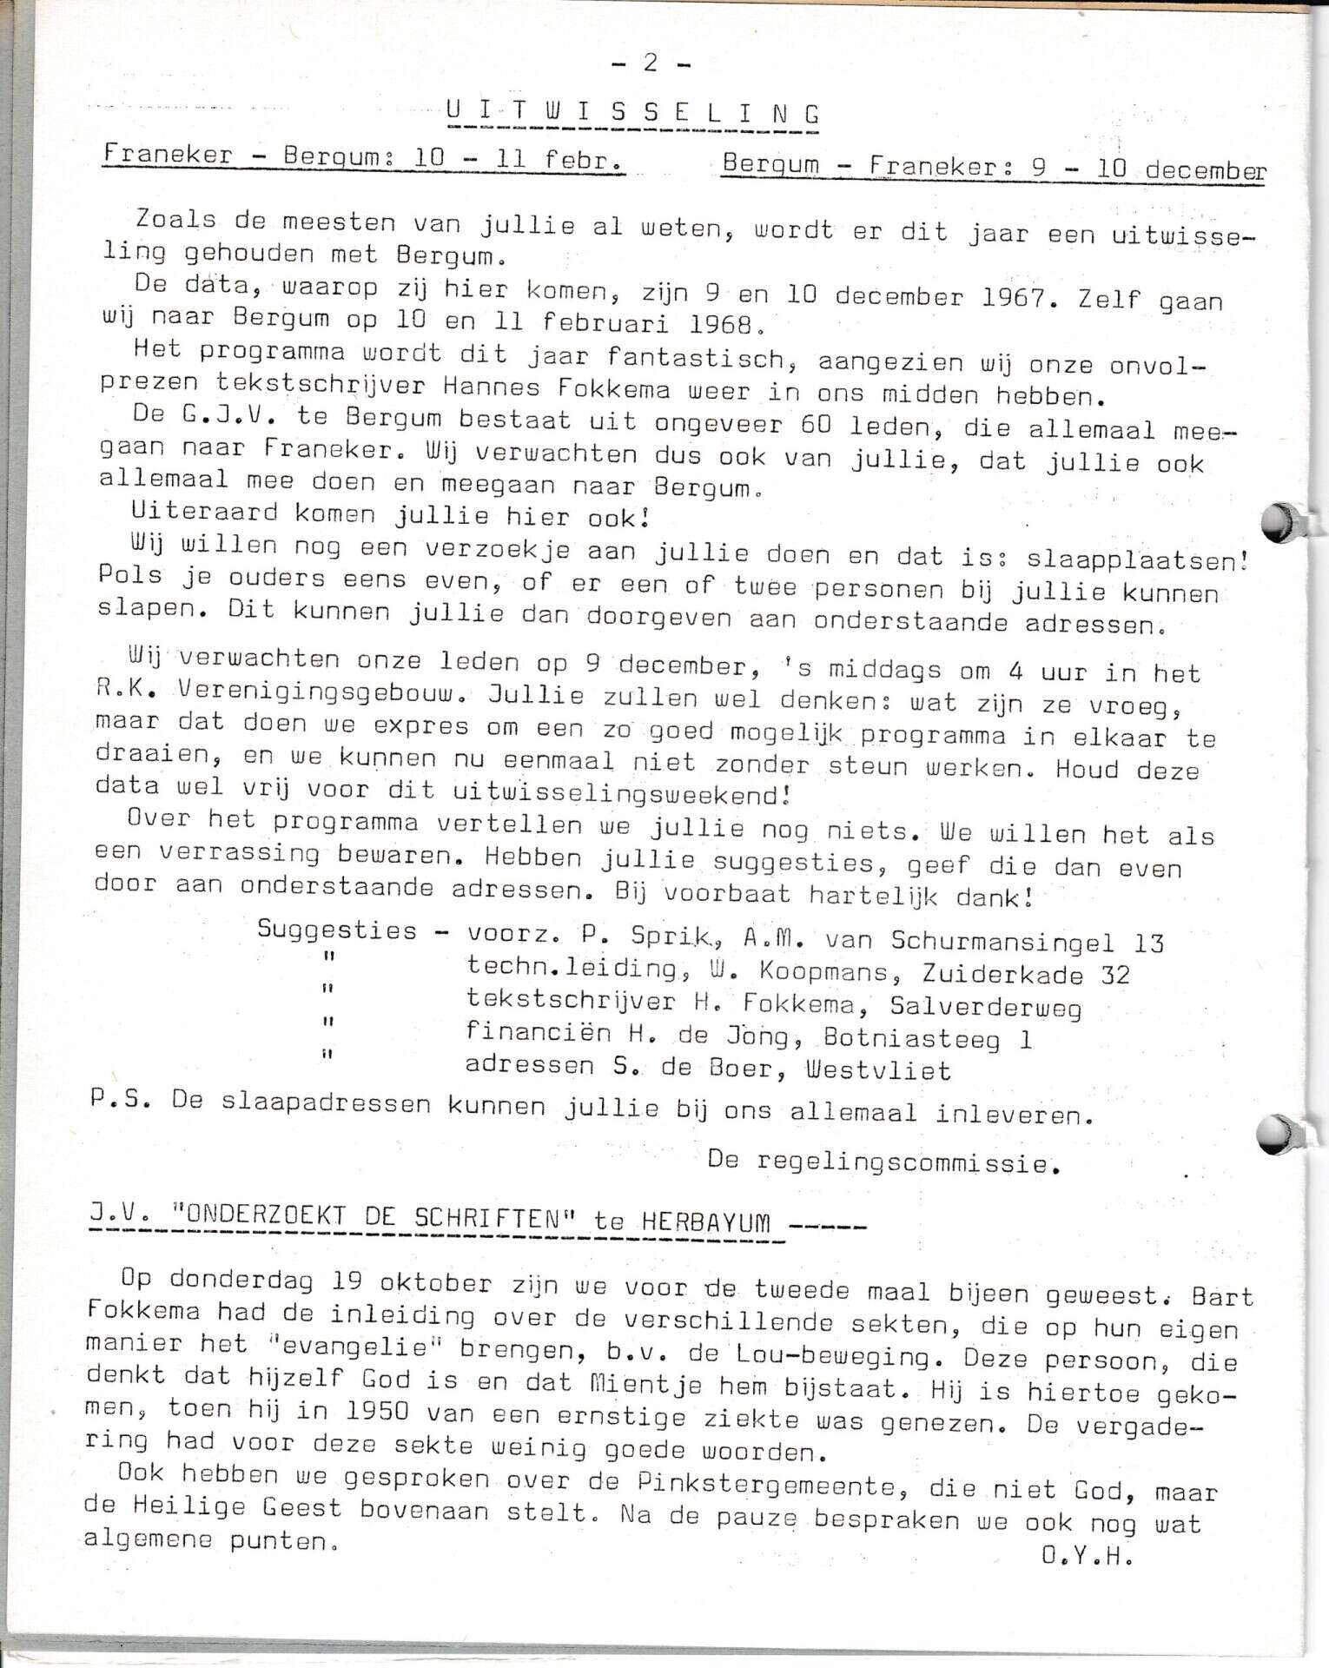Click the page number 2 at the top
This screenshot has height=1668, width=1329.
tap(650, 63)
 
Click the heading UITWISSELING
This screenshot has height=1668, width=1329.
tap(631, 114)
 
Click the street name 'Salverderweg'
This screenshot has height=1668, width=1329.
tap(985, 1007)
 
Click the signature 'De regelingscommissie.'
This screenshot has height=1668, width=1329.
tap(883, 1162)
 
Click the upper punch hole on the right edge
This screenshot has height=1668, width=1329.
tap(1276, 523)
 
